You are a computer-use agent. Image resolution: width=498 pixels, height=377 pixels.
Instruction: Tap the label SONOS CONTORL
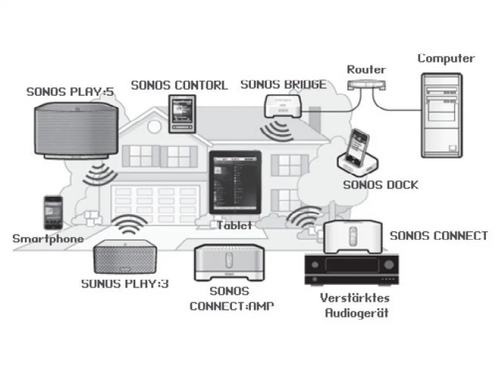pos(179,85)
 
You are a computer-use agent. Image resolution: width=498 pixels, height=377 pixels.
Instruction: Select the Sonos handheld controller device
pos(181,114)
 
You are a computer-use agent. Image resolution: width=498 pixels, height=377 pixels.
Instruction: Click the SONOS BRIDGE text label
pos(283,85)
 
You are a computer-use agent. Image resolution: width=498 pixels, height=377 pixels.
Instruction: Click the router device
pos(367,85)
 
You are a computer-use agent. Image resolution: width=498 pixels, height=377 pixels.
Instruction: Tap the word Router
pos(366,70)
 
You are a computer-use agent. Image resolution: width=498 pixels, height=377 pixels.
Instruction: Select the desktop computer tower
pos(441,115)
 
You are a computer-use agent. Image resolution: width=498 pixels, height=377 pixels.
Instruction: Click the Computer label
pos(446,58)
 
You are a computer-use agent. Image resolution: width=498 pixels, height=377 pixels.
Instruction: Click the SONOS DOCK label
pos(380,185)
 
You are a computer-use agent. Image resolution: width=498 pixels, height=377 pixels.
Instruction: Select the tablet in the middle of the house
pos(235,182)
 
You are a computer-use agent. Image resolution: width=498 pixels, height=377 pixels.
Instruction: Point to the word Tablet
pos(234,225)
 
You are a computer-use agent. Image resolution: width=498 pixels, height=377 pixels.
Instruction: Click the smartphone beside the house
pos(53,213)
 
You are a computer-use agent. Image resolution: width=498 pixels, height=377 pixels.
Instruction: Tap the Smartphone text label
pos(48,239)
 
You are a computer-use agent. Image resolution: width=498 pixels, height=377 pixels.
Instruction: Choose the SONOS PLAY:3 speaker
pos(124,257)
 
